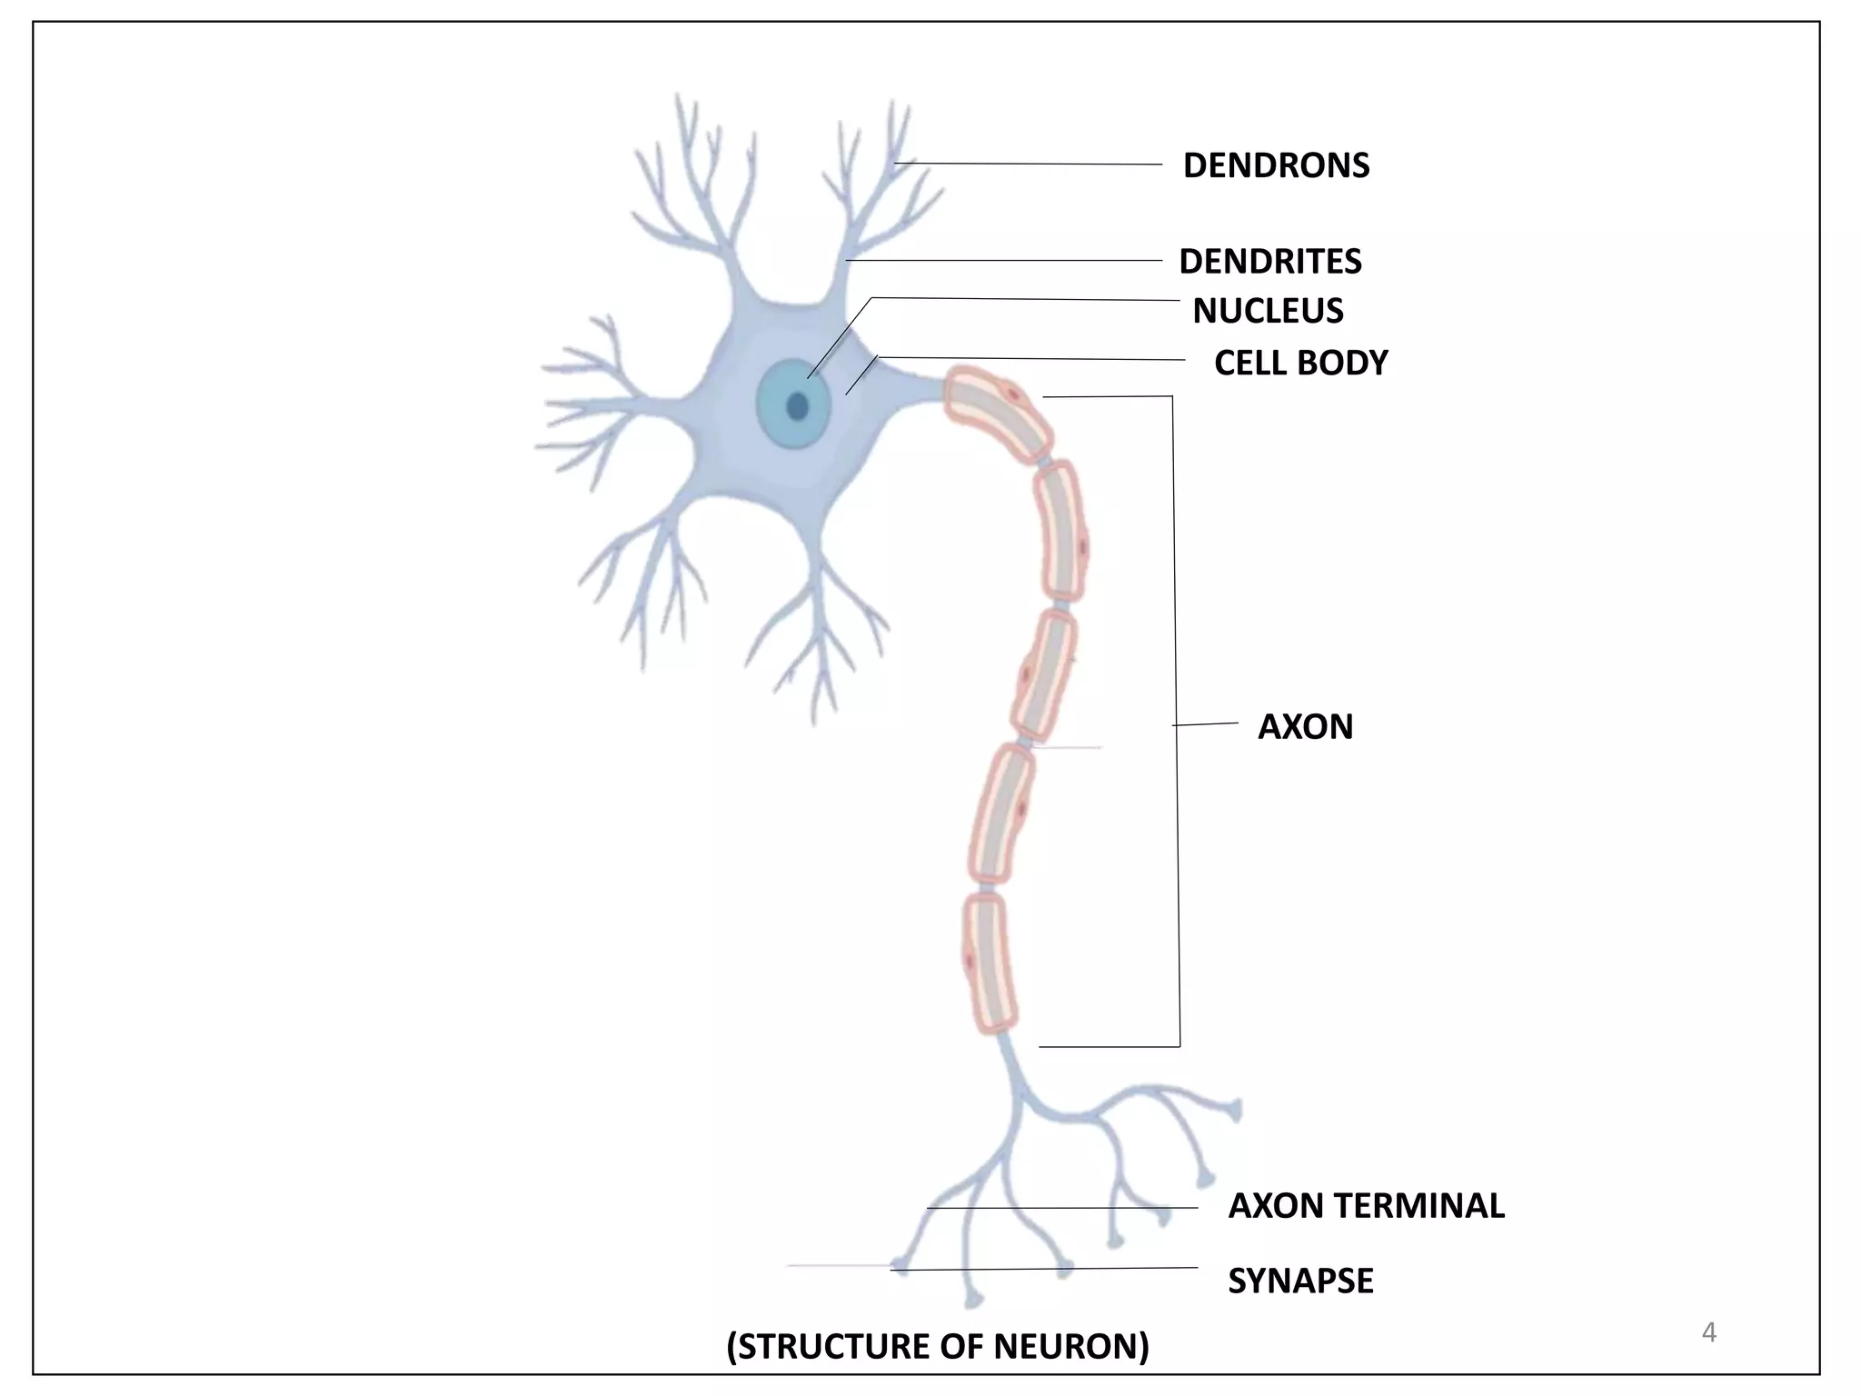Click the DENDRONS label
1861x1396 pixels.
click(x=1276, y=165)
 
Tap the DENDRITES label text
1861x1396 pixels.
click(x=1269, y=262)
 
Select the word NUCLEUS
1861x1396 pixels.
click(x=1268, y=311)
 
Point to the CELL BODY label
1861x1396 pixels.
click(x=1300, y=363)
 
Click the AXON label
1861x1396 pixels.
click(x=1305, y=726)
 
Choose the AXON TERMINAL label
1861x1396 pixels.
click(x=1366, y=1205)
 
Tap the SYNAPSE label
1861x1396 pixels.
click(x=1300, y=1281)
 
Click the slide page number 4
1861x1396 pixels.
click(x=1708, y=1332)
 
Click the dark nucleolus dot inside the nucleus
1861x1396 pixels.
click(x=798, y=406)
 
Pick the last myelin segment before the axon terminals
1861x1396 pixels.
click(x=990, y=963)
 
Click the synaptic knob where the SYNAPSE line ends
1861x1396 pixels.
click(x=899, y=1266)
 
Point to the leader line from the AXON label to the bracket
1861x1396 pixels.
click(x=1205, y=723)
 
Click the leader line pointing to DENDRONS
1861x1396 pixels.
click(x=1027, y=164)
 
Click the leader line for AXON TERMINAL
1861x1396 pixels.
click(x=1063, y=1207)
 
